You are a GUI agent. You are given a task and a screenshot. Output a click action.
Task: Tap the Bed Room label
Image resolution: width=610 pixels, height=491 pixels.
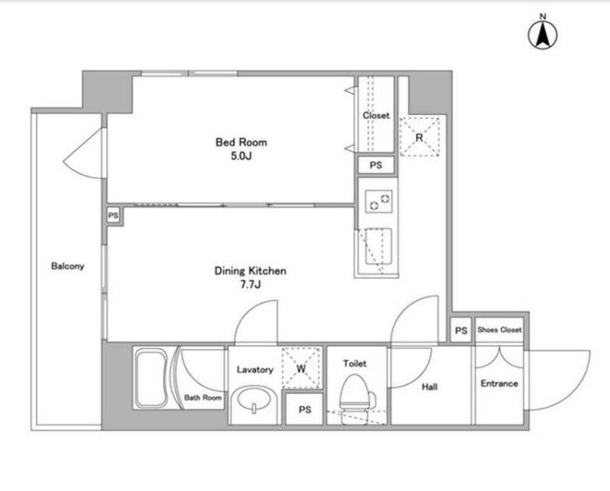pos(242,142)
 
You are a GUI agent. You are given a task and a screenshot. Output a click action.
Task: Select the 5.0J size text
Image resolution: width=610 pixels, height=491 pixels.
pos(242,156)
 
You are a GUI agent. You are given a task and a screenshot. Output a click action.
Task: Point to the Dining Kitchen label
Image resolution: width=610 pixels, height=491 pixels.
pos(250,270)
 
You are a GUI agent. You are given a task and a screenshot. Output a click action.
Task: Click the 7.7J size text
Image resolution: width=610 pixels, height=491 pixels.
pos(250,284)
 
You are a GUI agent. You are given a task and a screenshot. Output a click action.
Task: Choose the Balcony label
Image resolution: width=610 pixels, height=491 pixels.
pos(68,266)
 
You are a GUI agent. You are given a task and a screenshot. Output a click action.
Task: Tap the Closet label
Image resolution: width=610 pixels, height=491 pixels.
pos(376,115)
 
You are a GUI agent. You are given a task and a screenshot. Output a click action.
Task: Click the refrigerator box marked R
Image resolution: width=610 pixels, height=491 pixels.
pos(420,137)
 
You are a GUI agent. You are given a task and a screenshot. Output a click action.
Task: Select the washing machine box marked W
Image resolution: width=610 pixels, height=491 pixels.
pos(301,368)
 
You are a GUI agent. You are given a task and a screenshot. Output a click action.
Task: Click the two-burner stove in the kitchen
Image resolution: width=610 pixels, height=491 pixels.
pos(379,202)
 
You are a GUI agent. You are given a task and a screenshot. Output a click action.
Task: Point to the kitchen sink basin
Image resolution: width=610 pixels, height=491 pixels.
pos(378,246)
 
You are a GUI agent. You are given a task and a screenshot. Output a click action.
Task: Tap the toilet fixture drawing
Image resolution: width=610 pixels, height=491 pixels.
pos(355,397)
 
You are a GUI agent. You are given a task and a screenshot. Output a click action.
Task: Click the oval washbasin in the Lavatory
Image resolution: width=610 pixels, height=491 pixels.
pos(254,400)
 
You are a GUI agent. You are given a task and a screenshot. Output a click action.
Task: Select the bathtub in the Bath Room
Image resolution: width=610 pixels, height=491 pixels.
pos(151,378)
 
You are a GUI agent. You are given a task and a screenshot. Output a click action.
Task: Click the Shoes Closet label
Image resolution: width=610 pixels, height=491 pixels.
pos(499,330)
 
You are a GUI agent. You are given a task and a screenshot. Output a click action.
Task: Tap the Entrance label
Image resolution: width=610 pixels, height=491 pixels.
pos(499,383)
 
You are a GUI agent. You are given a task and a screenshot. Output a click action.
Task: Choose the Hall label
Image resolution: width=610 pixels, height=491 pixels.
pos(429,387)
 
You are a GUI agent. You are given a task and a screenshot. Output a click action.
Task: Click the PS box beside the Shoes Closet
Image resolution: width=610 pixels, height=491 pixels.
pos(461,330)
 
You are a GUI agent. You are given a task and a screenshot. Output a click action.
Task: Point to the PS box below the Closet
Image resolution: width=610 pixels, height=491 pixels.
pos(376,165)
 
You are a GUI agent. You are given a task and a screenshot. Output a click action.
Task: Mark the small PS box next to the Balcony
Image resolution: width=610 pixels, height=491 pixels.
pos(113,215)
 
